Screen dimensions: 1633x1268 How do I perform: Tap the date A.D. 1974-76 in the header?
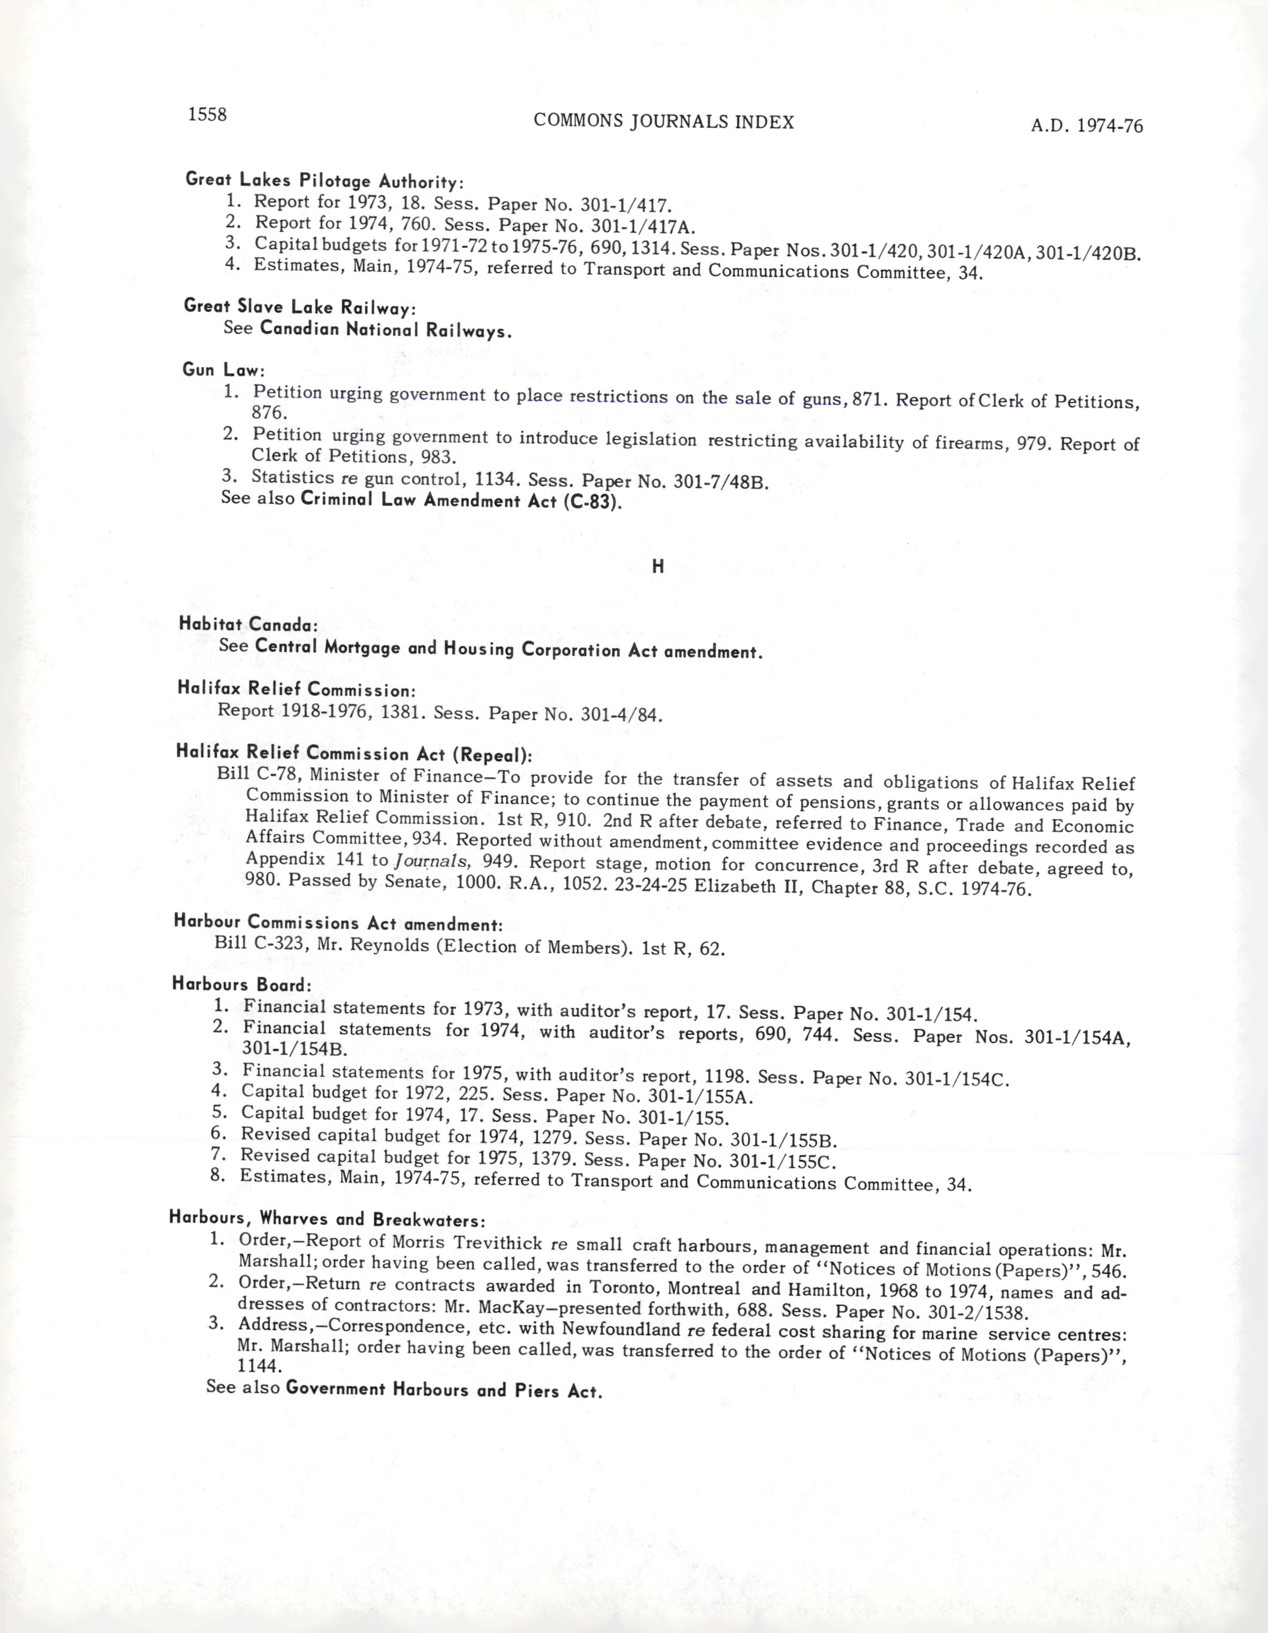tap(1086, 126)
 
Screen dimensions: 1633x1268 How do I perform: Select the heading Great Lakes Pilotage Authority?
tap(325, 180)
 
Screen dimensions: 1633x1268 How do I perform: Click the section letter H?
tap(658, 567)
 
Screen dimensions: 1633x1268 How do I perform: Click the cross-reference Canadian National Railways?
tap(386, 330)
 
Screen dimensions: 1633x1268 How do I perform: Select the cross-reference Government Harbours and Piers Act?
tap(444, 1390)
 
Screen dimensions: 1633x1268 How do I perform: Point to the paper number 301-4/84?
tap(621, 715)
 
